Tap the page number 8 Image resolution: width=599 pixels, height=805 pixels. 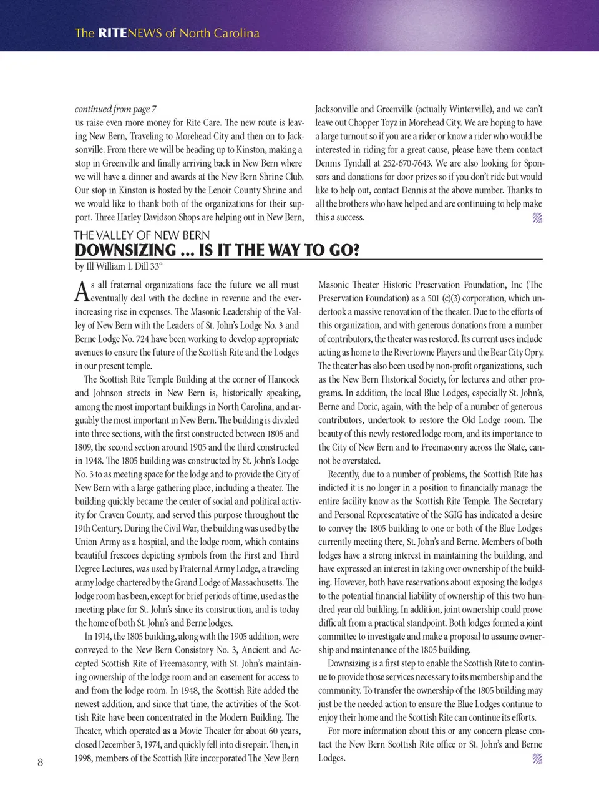41,762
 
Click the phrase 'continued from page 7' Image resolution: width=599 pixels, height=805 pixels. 115,109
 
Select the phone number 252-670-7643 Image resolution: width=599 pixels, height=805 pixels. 406,163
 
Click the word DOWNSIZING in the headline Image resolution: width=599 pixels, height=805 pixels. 125,251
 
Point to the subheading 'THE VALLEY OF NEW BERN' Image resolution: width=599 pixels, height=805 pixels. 142,235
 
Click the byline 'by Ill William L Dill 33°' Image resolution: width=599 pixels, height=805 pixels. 119,266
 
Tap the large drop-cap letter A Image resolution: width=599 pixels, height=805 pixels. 82,291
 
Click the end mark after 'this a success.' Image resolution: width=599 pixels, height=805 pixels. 537,218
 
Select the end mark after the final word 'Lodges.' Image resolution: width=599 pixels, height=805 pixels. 537,759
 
